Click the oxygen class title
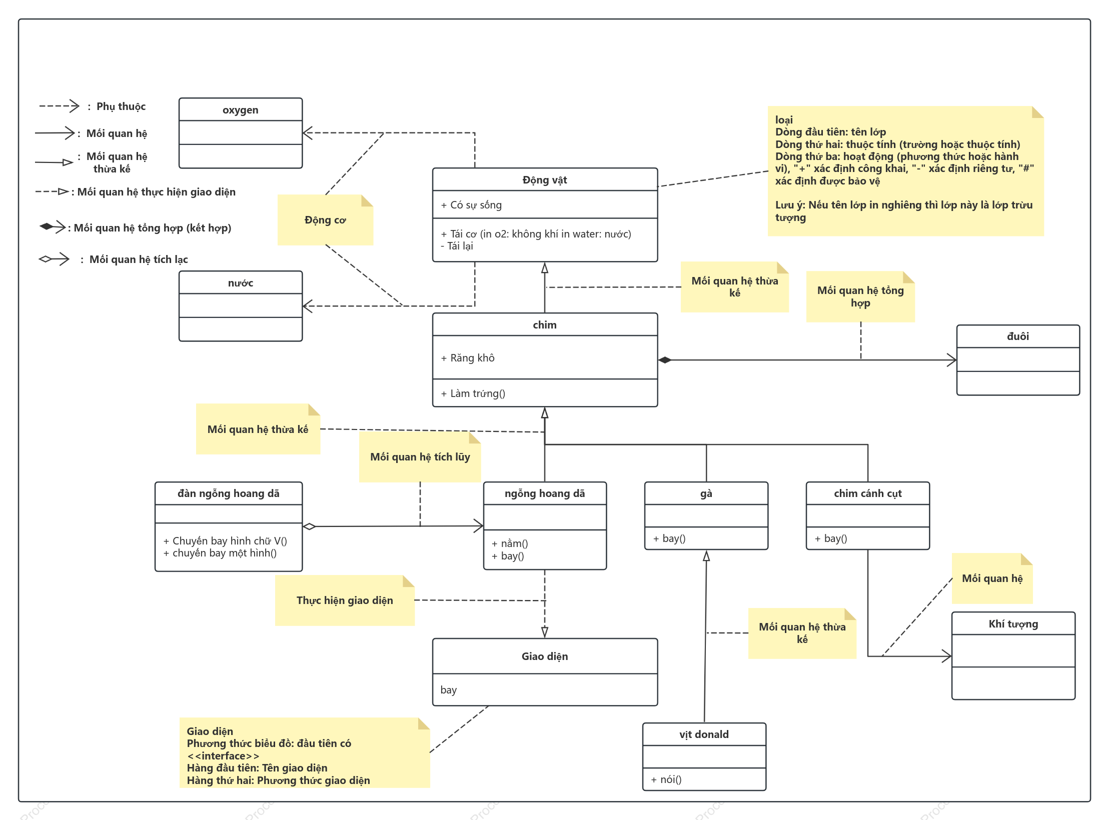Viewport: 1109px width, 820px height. [241, 110]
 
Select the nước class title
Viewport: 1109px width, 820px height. [241, 283]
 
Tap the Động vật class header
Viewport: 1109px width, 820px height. [545, 180]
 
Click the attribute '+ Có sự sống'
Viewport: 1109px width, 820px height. [471, 205]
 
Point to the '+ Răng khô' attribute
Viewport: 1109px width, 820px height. [468, 358]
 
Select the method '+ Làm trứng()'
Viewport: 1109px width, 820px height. [473, 393]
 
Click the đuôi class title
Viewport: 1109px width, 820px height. [1018, 336]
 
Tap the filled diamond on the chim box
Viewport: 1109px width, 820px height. [665, 360]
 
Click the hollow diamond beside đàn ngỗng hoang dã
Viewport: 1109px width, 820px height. [309, 526]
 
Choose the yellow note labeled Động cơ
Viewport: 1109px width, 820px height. [325, 220]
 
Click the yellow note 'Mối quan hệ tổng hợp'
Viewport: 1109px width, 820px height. [860, 296]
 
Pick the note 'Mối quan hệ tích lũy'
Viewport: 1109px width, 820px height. [420, 457]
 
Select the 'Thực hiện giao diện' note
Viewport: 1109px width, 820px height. [345, 600]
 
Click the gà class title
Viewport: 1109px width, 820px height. [706, 493]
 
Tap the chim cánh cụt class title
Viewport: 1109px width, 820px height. [868, 493]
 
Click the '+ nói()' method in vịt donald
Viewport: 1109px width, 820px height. [666, 779]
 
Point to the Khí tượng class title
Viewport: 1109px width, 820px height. [1013, 624]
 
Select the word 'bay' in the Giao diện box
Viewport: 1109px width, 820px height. [448, 690]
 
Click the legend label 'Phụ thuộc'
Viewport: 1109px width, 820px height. [121, 106]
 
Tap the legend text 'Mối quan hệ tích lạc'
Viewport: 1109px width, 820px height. [139, 259]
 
